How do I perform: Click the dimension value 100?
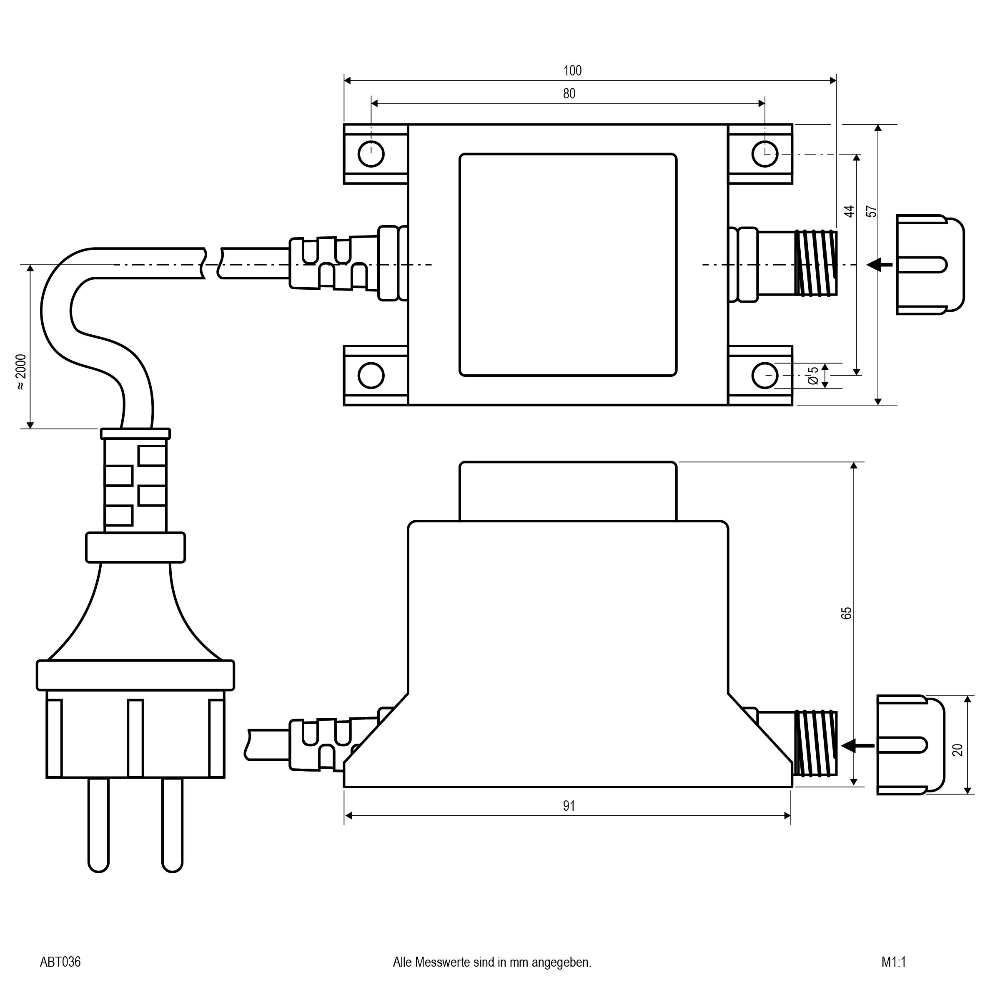point(572,71)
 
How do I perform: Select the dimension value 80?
point(569,94)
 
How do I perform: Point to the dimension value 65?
point(846,613)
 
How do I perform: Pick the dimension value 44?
point(848,212)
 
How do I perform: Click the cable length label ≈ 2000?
point(20,372)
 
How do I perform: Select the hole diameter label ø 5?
point(813,375)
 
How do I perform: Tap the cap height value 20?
point(957,750)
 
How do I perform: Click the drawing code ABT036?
point(60,962)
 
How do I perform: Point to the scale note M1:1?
point(893,962)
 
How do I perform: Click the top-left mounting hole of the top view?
point(371,153)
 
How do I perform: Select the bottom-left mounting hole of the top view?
point(371,376)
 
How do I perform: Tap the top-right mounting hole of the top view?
point(765,153)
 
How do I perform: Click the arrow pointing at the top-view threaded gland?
point(880,265)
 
